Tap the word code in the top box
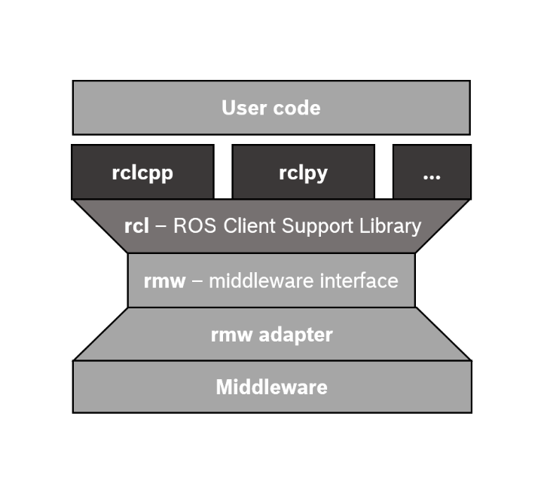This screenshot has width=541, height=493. tap(296, 108)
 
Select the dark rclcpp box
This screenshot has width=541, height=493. tap(142, 173)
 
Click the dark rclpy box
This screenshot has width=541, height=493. tap(303, 173)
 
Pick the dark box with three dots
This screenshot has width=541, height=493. tap(432, 173)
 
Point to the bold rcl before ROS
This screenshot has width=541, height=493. tap(136, 225)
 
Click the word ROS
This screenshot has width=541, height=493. tap(196, 225)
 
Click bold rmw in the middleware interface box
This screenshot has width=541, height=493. tap(164, 281)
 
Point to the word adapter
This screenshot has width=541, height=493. tap(295, 335)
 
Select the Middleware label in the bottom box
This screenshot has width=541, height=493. tap(271, 387)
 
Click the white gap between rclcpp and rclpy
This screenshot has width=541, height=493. tap(223, 172)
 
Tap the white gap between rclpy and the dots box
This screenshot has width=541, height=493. tap(384, 172)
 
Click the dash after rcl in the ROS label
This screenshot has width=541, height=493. tap(160, 226)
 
